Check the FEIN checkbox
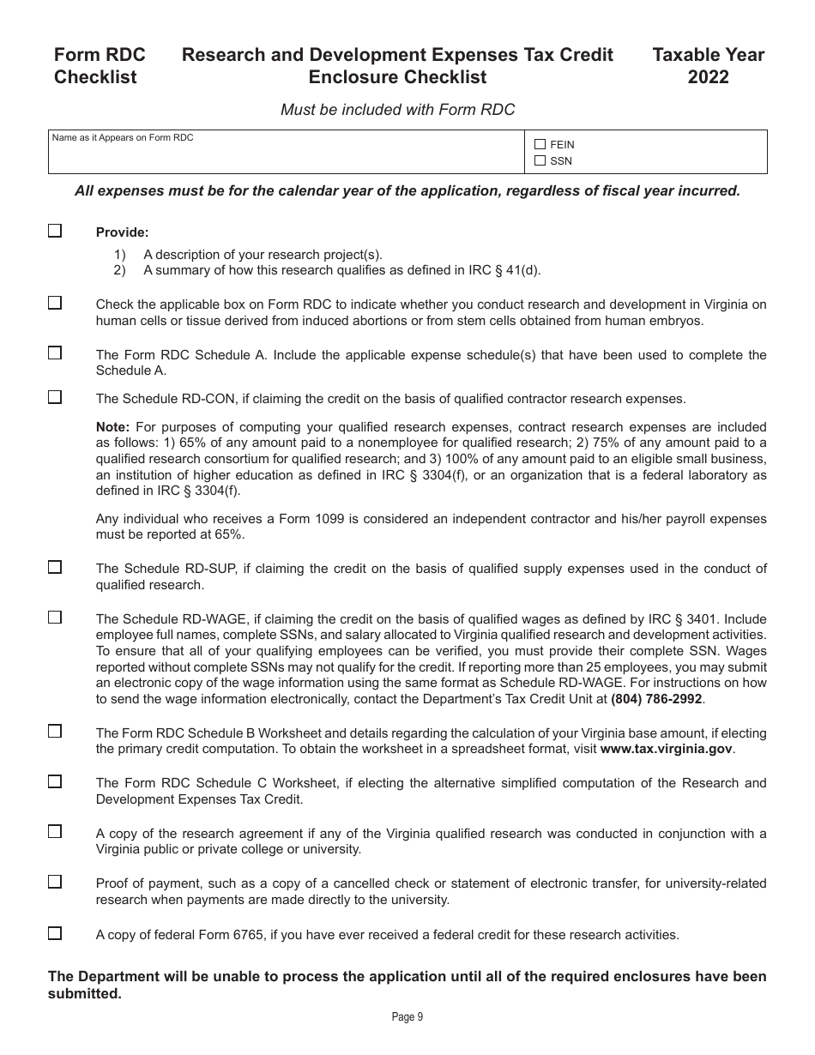point(540,145)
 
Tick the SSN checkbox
point(540,160)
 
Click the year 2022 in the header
point(708,77)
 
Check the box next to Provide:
point(55,231)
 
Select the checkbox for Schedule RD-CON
point(55,397)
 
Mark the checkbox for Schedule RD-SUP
point(55,567)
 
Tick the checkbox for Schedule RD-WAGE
point(55,618)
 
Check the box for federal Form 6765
point(55,933)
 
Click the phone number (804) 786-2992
point(656,699)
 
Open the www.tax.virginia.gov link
point(666,749)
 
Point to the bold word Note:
point(112,426)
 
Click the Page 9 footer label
point(407,1017)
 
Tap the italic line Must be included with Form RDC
point(398,109)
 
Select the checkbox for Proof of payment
point(55,882)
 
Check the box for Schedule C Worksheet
point(55,781)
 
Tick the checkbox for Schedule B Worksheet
point(55,732)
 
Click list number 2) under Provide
point(119,270)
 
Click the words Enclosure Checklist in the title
point(397,77)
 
